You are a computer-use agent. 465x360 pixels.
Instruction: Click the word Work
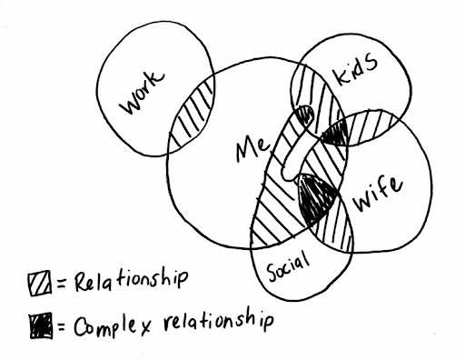pyautogui.click(x=142, y=93)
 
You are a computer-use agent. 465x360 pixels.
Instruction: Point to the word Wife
pyautogui.click(x=379, y=194)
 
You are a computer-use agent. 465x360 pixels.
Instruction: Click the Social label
pyautogui.click(x=288, y=266)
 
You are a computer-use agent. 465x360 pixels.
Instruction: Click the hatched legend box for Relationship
pyautogui.click(x=40, y=284)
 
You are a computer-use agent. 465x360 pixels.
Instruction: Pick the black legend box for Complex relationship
pyautogui.click(x=41, y=326)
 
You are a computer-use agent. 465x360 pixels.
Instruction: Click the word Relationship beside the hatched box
pyautogui.click(x=131, y=280)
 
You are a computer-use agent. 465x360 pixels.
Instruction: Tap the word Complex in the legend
pyautogui.click(x=113, y=326)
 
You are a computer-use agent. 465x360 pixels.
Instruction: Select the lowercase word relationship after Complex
pyautogui.click(x=219, y=322)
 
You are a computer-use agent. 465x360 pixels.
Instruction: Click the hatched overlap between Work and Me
pyautogui.click(x=192, y=115)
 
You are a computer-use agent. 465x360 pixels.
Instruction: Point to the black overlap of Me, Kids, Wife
pyautogui.click(x=335, y=135)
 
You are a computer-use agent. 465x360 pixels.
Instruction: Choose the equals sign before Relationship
pyautogui.click(x=61, y=284)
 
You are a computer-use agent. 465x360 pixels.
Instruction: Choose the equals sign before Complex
pyautogui.click(x=62, y=327)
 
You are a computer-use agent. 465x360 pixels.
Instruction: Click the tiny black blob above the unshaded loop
pyautogui.click(x=306, y=115)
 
